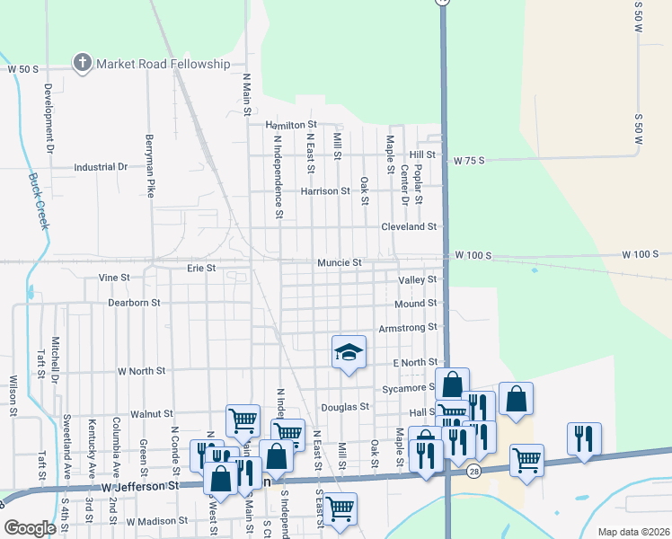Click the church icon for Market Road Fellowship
click(83, 63)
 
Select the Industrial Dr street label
click(101, 167)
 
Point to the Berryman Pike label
click(151, 166)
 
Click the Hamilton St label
click(290, 125)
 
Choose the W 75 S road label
click(469, 161)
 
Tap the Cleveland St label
click(408, 227)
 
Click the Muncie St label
click(339, 262)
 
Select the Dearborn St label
click(134, 303)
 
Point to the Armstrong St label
click(407, 328)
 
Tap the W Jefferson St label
click(140, 486)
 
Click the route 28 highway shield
click(473, 471)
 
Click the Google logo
click(30, 528)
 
